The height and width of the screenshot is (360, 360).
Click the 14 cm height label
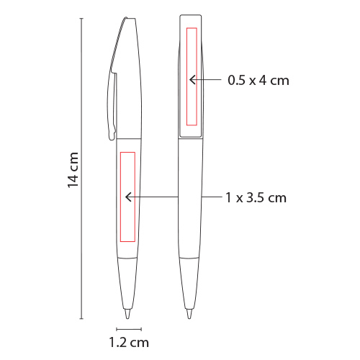(73, 170)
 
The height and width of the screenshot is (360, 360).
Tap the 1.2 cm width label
(129, 343)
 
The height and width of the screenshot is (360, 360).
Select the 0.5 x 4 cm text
(258, 80)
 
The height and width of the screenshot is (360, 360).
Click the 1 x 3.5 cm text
(256, 198)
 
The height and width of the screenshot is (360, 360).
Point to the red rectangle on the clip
(192, 76)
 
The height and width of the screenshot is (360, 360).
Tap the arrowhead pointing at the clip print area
(192, 80)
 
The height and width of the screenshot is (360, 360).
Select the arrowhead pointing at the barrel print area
(129, 197)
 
